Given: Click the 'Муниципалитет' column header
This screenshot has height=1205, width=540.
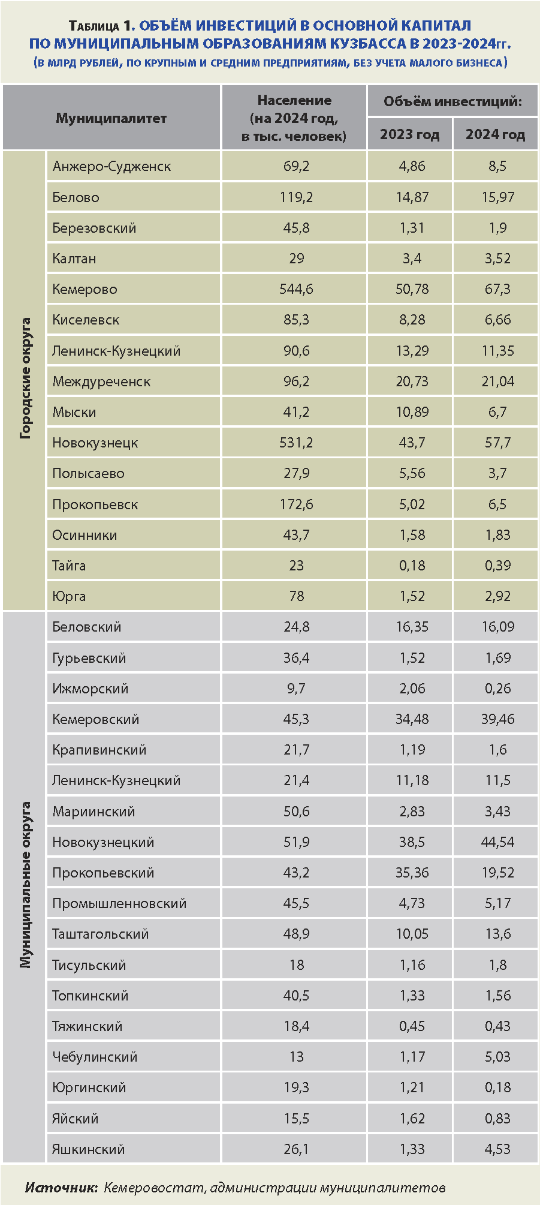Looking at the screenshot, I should point(111,118).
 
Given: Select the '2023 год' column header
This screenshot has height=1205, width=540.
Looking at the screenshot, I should point(409,134).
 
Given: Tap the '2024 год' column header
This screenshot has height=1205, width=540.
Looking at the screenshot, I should point(495,134).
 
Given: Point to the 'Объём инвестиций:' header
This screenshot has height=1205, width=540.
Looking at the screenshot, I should point(452,101).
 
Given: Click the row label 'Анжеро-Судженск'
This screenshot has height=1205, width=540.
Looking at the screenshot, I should point(111,166).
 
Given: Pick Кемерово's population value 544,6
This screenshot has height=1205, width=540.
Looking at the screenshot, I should point(296,289).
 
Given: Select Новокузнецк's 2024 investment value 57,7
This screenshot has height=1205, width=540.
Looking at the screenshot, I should point(497,443).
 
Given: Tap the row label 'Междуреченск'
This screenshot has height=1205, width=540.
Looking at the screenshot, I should point(101,381).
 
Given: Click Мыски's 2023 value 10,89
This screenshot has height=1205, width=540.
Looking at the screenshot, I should point(412,412).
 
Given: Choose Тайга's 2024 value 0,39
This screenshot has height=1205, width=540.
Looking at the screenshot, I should point(497,565).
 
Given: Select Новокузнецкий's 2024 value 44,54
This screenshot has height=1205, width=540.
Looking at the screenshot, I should point(497,842).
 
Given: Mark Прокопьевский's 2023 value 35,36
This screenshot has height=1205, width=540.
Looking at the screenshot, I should point(412,872).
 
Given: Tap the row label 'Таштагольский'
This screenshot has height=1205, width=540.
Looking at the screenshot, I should point(100,934).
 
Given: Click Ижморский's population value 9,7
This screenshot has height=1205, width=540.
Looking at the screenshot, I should point(296,689).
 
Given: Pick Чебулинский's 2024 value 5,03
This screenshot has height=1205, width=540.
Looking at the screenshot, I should point(497,1056).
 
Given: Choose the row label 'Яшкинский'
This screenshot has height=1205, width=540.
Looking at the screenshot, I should point(88,1149).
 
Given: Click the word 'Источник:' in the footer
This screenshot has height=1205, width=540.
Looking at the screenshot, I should point(61,1187).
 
